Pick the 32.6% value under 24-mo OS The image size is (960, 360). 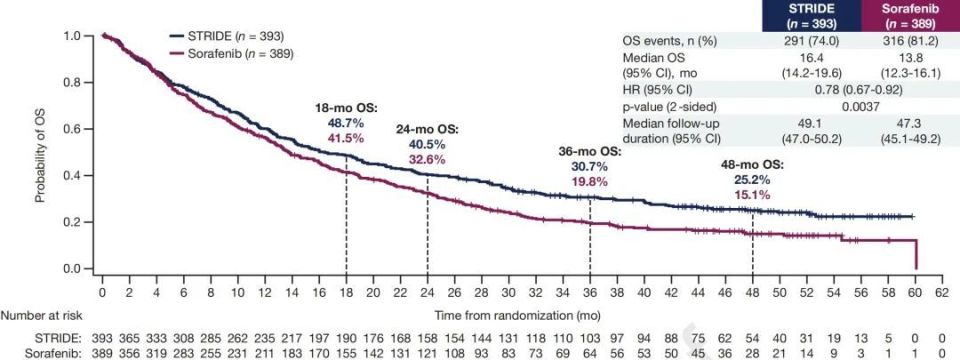(x=427, y=159)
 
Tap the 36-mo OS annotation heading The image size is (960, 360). (x=589, y=152)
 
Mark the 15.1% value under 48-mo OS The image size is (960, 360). (x=751, y=195)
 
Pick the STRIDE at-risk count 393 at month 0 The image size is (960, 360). (x=103, y=335)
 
